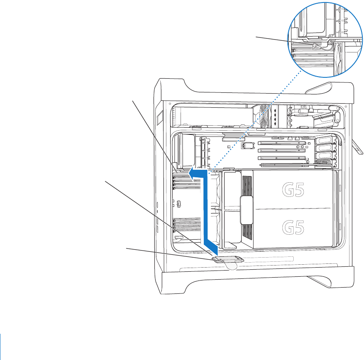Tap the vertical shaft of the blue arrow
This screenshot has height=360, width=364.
point(210,208)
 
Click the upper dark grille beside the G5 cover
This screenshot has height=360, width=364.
point(247,185)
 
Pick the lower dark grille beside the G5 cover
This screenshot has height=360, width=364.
point(247,233)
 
